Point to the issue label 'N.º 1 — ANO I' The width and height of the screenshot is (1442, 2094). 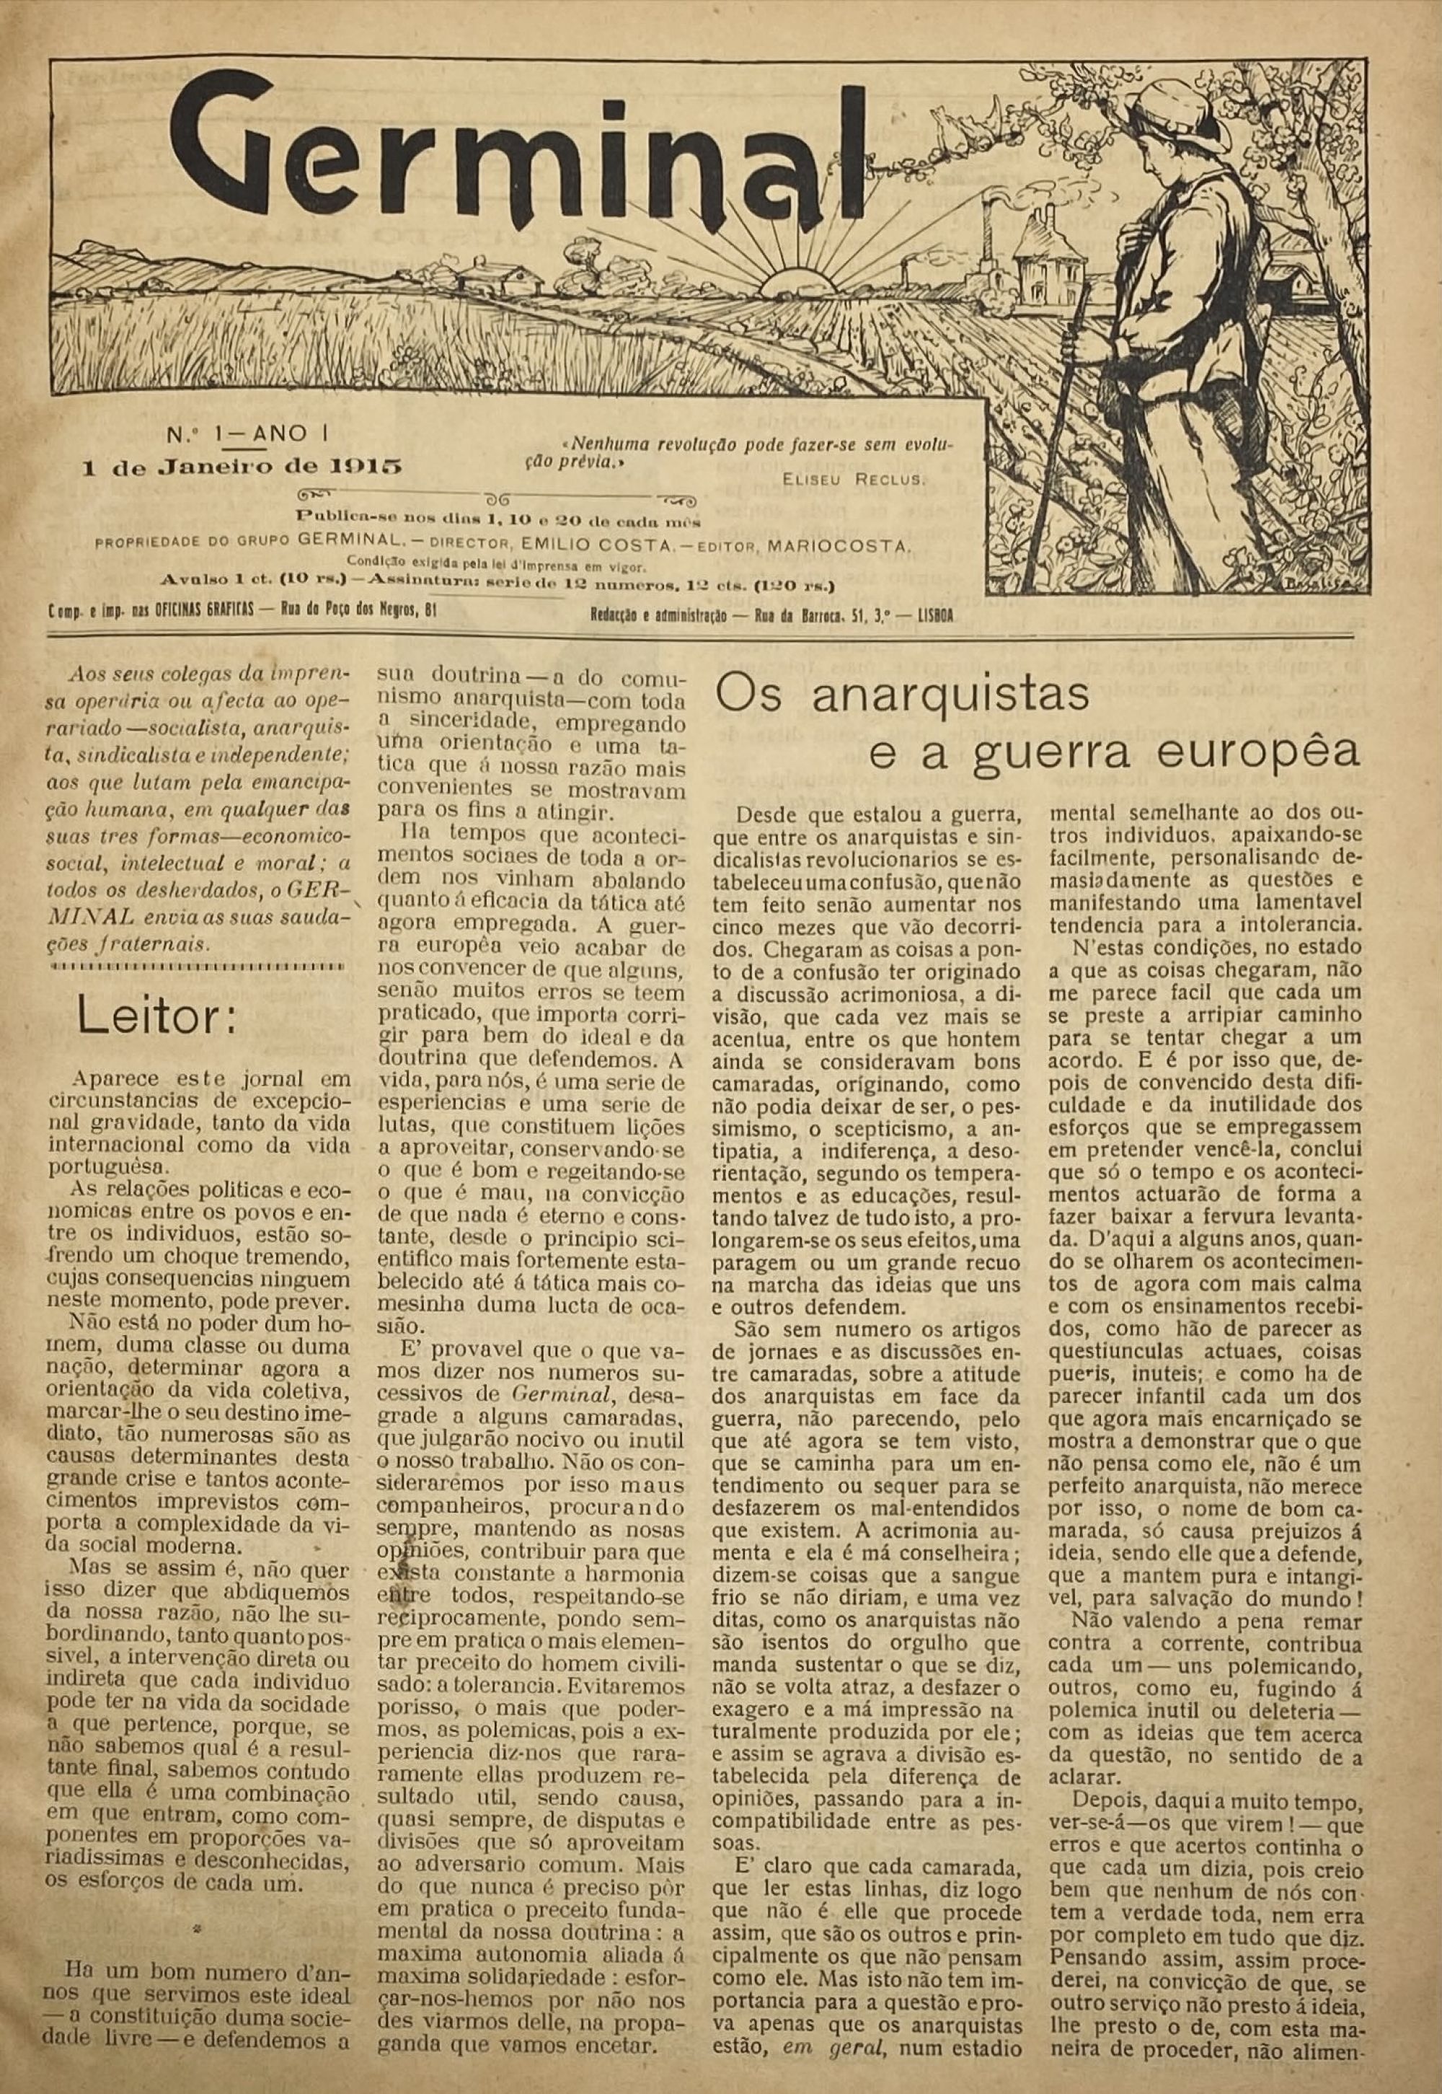[247, 433]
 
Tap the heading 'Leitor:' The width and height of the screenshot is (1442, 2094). [157, 1018]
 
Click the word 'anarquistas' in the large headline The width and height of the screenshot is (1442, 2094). [903, 694]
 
